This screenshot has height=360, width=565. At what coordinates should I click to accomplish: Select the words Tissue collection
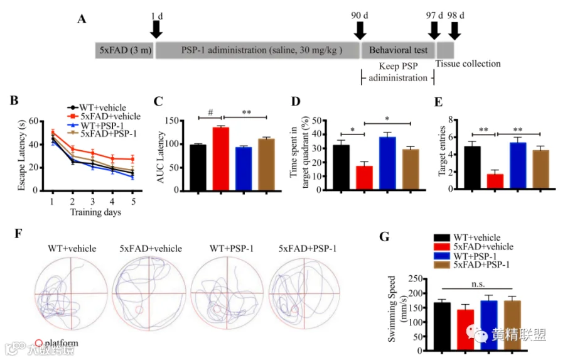[x=468, y=63]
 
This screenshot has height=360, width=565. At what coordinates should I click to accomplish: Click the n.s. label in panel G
[x=478, y=283]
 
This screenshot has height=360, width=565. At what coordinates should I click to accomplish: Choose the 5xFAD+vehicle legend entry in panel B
[x=104, y=116]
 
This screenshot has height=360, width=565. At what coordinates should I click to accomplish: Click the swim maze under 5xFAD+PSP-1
[x=304, y=294]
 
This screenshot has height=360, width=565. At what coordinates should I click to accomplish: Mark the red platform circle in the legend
[x=38, y=343]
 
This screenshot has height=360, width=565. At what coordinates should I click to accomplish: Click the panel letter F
[x=19, y=234]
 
